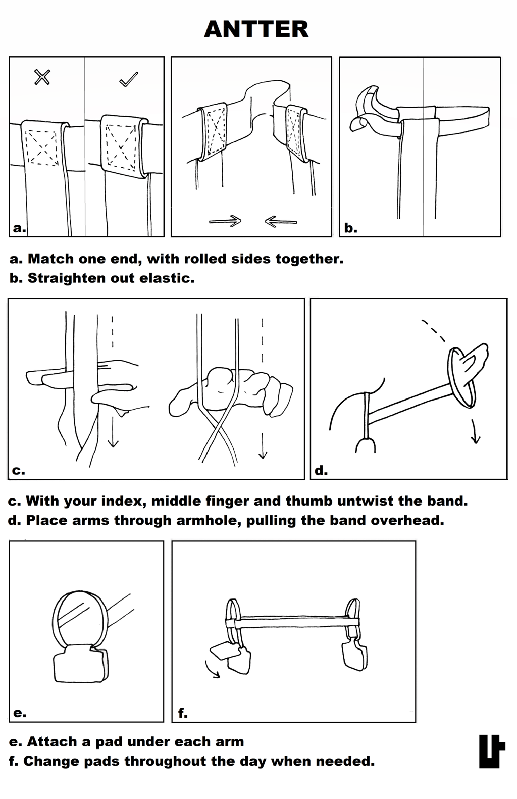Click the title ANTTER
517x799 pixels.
(x=256, y=29)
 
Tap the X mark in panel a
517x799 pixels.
(x=42, y=77)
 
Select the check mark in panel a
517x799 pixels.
(x=128, y=79)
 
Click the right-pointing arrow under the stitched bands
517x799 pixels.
(x=225, y=221)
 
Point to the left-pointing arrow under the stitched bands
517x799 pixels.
(x=281, y=221)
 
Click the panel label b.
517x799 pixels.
(x=350, y=228)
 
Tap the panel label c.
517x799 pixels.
(x=19, y=471)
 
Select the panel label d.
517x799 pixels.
(x=321, y=471)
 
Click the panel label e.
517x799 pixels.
(x=20, y=713)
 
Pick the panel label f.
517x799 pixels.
(x=182, y=713)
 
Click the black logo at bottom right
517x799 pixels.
(x=491, y=751)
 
